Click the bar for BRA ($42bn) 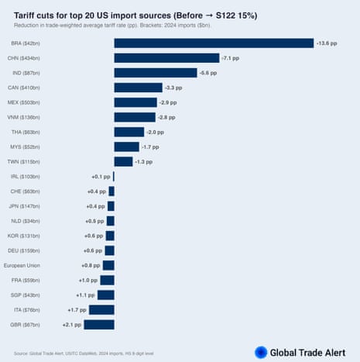[x=214, y=43]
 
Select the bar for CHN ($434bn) [x=166, y=57]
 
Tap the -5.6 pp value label [x=210, y=73]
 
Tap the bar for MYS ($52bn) [x=126, y=147]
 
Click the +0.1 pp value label [x=101, y=177]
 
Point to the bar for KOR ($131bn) [x=110, y=236]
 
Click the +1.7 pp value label [x=77, y=309]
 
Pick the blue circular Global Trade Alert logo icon [x=261, y=352]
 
